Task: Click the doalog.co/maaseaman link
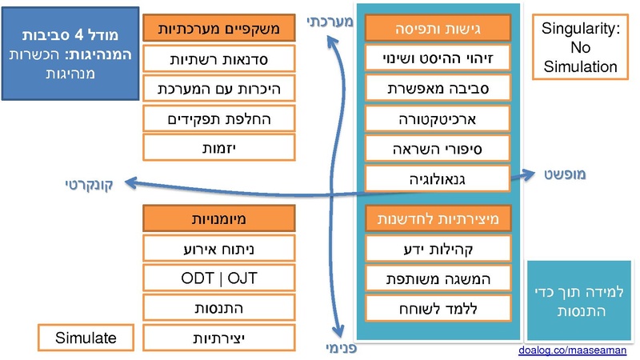point(572,350)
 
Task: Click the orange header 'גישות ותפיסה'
point(438,29)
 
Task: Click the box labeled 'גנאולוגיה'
point(438,178)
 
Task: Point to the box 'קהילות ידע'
point(438,249)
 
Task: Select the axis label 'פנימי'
point(340,348)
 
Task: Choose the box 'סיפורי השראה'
point(438,149)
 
